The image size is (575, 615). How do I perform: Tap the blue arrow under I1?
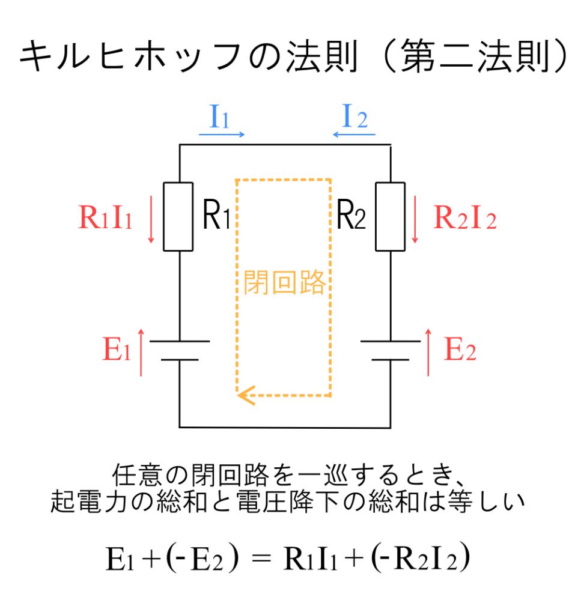(222, 135)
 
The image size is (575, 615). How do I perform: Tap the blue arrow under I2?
(354, 135)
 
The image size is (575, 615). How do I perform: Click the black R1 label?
(216, 217)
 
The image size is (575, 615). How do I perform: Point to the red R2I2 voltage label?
(464, 219)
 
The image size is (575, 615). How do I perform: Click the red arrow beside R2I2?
(415, 222)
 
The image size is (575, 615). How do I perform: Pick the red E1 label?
(117, 351)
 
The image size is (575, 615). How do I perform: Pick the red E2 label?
(460, 351)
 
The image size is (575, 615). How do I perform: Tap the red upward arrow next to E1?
(141, 352)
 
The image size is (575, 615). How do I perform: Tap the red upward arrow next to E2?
(428, 352)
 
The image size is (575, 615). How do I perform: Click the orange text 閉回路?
(284, 281)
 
